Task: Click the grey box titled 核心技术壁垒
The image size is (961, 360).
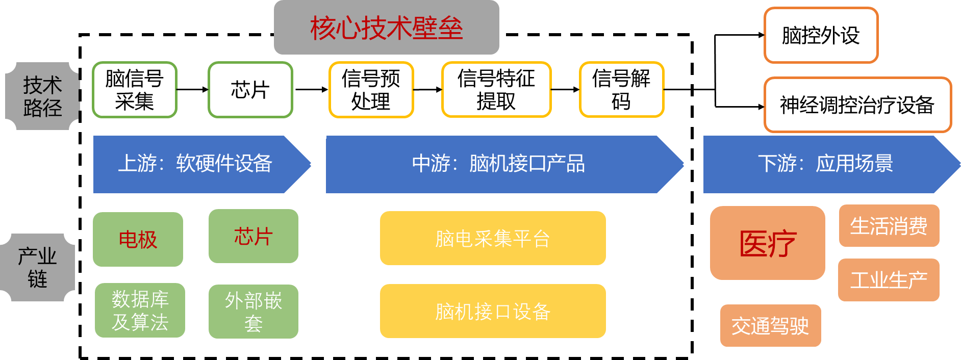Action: [386, 28]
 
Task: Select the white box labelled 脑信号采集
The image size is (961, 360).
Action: [135, 90]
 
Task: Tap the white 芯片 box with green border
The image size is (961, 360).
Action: [250, 90]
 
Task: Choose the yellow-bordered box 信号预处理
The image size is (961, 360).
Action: [371, 90]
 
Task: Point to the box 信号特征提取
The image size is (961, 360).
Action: [496, 90]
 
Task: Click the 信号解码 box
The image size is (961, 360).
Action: [621, 90]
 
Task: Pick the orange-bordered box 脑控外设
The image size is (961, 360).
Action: [821, 35]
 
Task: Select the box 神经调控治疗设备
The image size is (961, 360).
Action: [857, 105]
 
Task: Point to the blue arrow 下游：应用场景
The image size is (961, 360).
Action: [825, 164]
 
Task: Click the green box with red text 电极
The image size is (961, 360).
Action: [138, 239]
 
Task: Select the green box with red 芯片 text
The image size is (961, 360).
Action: [254, 236]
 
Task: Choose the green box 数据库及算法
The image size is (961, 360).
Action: [140, 310]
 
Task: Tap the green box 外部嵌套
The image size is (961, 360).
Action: [254, 311]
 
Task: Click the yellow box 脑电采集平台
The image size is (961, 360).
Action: [493, 238]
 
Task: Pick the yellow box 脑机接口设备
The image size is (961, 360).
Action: [493, 311]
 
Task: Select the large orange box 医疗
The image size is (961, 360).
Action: [767, 243]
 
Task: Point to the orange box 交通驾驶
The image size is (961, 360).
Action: [770, 325]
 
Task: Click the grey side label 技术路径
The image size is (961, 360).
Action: [42, 96]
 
